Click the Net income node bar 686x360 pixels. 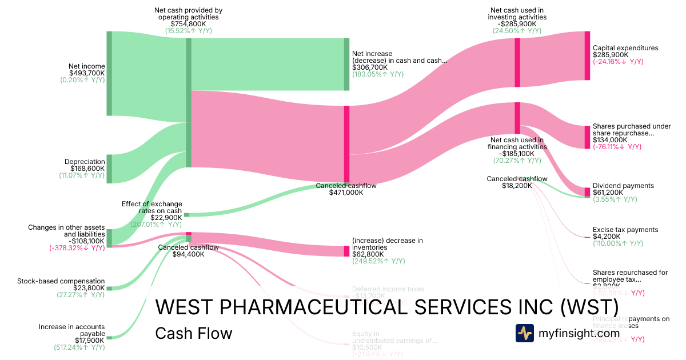[109, 73]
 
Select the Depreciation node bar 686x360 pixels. [109, 169]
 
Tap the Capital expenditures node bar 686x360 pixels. [587, 55]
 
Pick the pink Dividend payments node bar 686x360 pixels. [587, 191]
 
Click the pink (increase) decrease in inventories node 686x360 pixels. [346, 251]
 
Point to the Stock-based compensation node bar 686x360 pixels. [109, 289]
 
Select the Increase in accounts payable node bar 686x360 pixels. [109, 338]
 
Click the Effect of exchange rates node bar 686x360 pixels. [186, 215]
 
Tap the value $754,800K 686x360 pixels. [189, 24]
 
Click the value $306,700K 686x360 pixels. [370, 67]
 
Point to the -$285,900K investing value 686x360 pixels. [517, 24]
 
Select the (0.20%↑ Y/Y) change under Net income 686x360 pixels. [83, 80]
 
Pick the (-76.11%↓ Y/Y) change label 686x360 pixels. [618, 147]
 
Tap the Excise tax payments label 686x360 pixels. [625, 230]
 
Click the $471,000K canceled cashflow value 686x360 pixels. [346, 193]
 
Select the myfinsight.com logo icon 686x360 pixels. [524, 333]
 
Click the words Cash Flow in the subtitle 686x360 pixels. [193, 333]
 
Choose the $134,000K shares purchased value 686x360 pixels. [610, 140]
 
